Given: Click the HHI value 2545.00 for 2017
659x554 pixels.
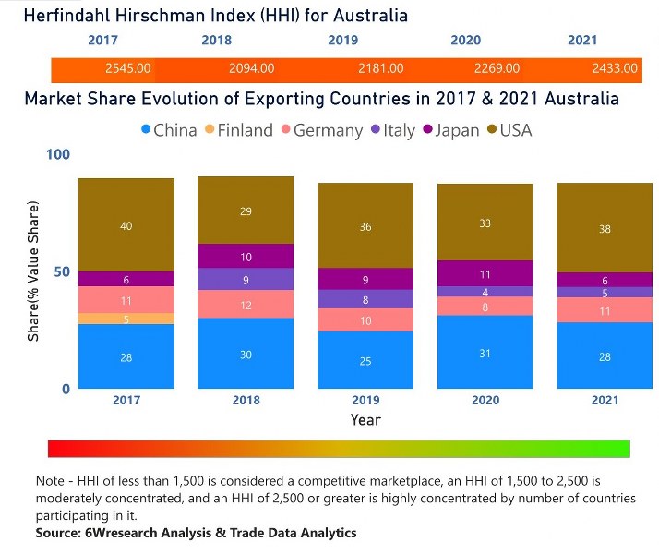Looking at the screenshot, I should point(127,68).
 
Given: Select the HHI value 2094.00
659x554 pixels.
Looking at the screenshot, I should point(251,68).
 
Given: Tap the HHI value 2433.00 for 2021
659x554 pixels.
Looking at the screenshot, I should point(615,68).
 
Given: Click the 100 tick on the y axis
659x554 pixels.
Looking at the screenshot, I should point(56,154).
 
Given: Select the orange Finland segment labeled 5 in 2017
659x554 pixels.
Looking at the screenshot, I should point(126,319).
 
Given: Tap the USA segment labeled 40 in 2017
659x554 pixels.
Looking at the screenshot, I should point(126,225).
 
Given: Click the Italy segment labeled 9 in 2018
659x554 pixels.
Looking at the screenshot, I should point(246,279).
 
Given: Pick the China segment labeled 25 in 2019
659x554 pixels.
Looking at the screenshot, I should point(365,360).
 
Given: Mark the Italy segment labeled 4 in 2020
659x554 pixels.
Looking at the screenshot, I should point(485,292).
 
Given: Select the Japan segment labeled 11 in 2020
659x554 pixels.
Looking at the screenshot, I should point(485,273).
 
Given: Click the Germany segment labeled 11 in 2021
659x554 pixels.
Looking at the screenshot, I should point(605,310).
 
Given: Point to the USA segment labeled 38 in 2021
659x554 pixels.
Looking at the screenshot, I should point(605,228).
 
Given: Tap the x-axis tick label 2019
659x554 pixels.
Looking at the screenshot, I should point(365,400).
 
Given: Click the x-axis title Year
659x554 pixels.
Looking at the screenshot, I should point(365,420).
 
